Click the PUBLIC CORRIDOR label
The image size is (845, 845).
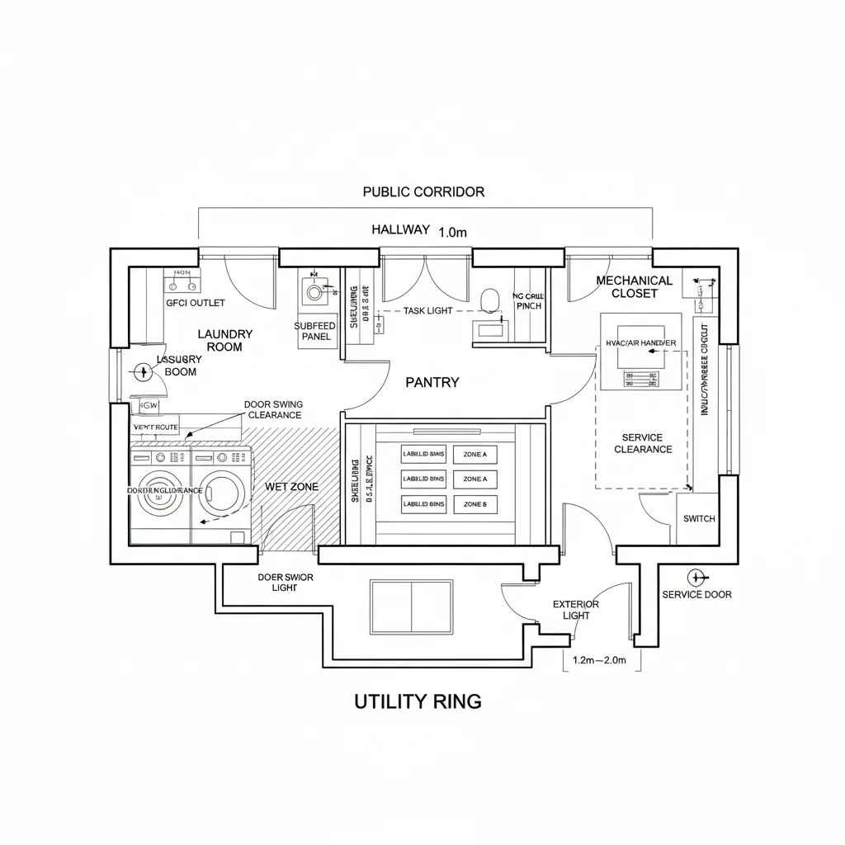pyautogui.click(x=423, y=191)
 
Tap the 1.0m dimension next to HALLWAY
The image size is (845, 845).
pyautogui.click(x=452, y=233)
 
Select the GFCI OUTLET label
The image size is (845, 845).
pyautogui.click(x=196, y=303)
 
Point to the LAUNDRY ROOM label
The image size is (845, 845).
pyautogui.click(x=224, y=340)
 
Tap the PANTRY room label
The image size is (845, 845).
pyautogui.click(x=432, y=382)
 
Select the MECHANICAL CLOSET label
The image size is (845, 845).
pyautogui.click(x=635, y=286)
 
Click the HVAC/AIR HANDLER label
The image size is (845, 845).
pyautogui.click(x=641, y=342)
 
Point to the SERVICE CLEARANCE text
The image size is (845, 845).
pyautogui.click(x=643, y=443)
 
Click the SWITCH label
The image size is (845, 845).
pyautogui.click(x=700, y=519)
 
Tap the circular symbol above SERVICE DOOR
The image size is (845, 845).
pyautogui.click(x=694, y=577)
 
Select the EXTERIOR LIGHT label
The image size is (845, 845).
pyautogui.click(x=576, y=610)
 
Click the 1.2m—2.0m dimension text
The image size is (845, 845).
pyautogui.click(x=600, y=660)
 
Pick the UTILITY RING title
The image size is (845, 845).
pyautogui.click(x=418, y=701)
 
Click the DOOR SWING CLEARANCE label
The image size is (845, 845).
pyautogui.click(x=273, y=409)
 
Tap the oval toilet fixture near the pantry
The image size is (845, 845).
pyautogui.click(x=489, y=298)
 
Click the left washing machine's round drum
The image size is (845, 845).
pyautogui.click(x=161, y=494)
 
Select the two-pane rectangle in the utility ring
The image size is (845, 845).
pyautogui.click(x=412, y=607)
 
